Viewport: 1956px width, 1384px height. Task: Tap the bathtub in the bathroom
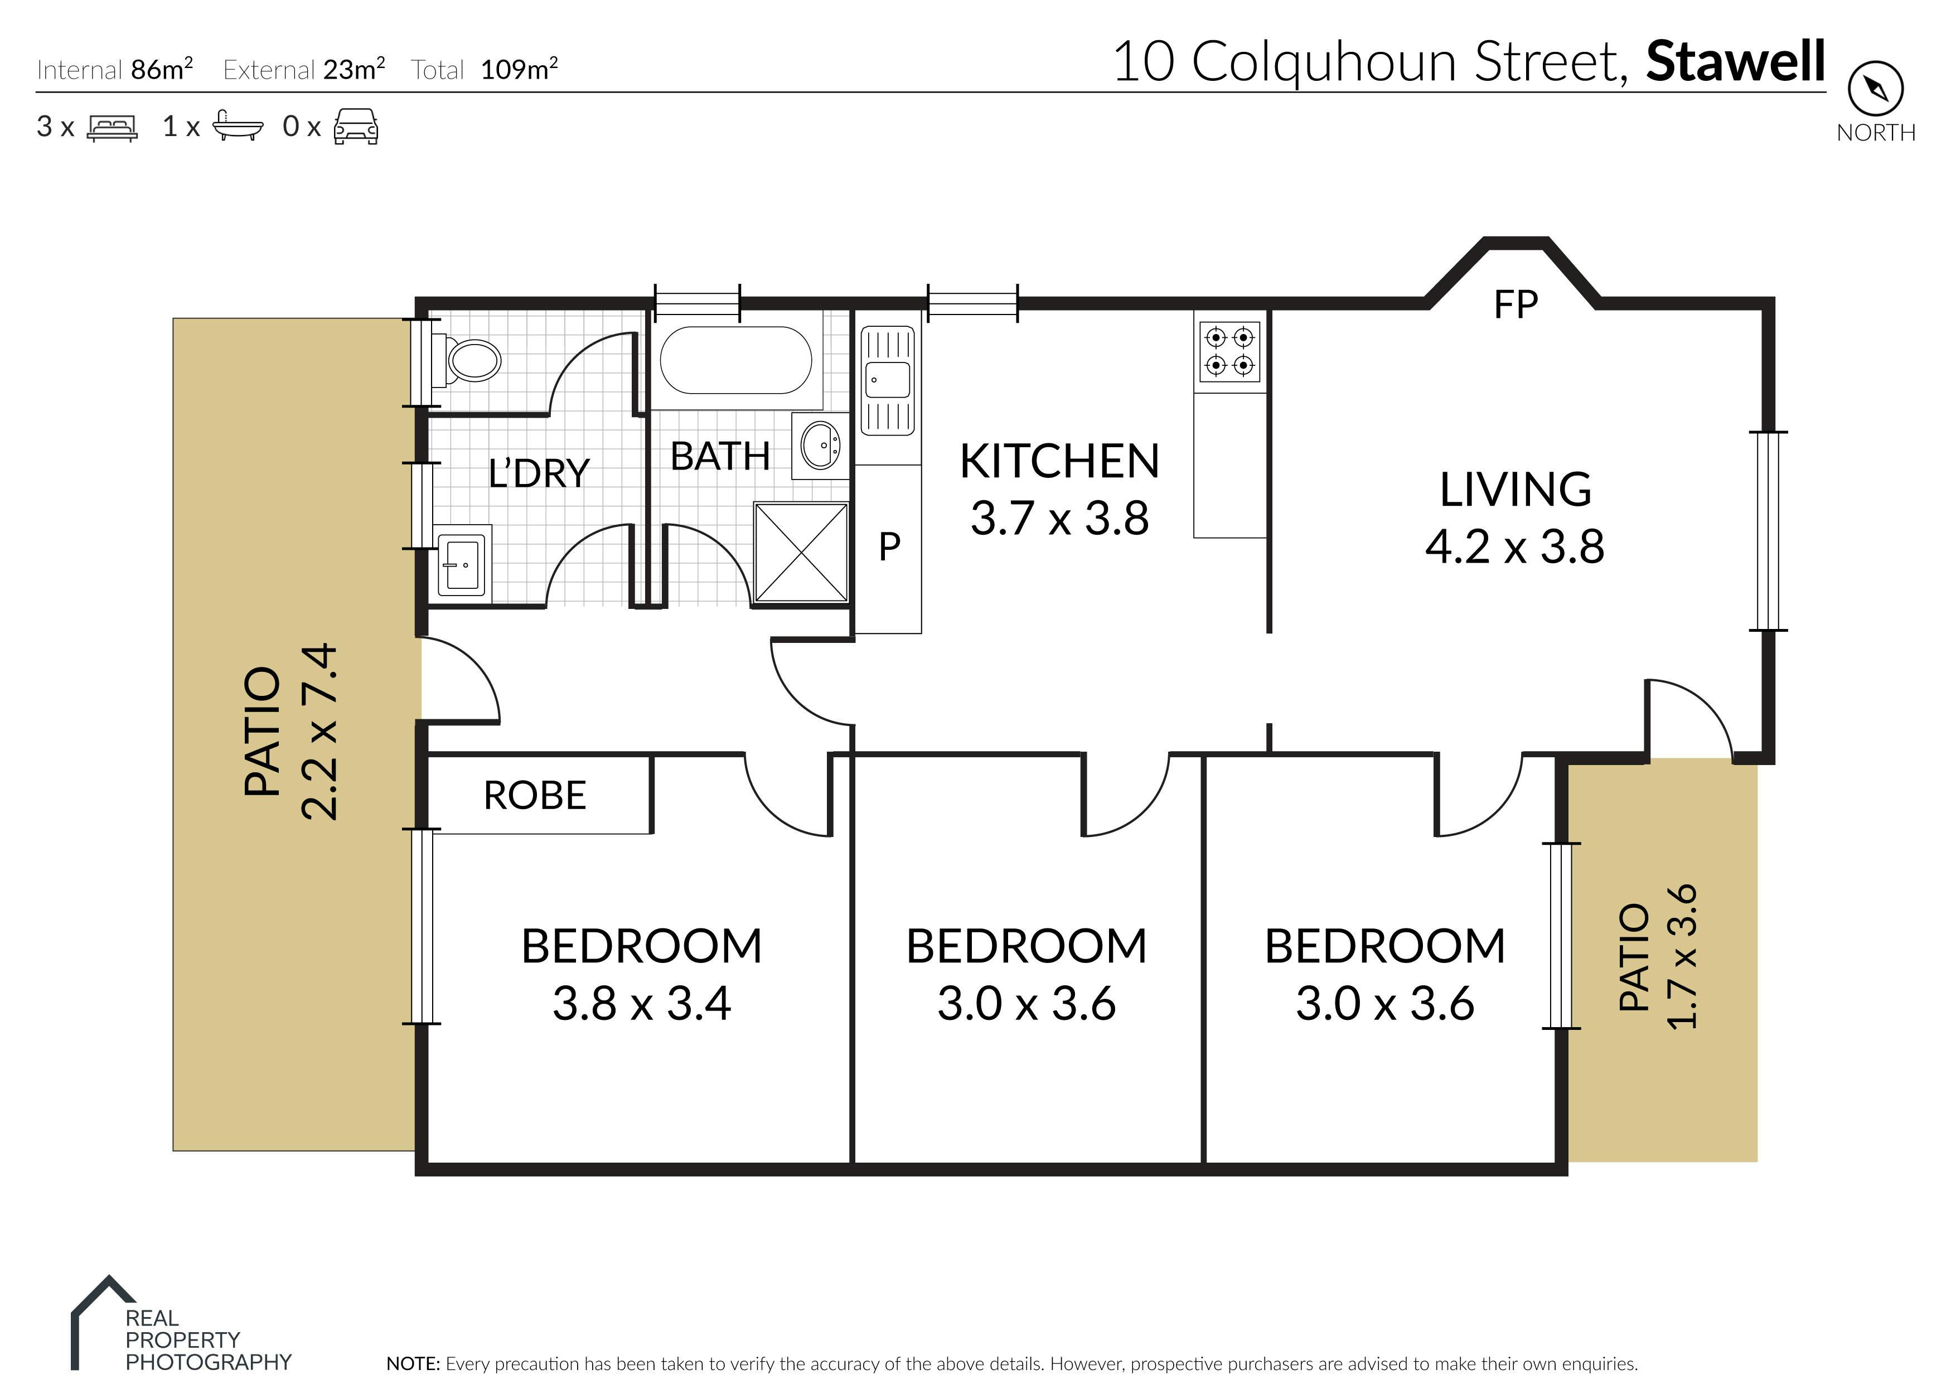(x=736, y=360)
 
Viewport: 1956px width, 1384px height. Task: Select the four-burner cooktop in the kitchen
(x=1230, y=351)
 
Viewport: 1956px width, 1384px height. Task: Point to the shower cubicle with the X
(x=801, y=552)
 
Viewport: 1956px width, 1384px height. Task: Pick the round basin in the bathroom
(x=820, y=445)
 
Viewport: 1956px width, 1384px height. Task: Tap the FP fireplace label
(x=1516, y=304)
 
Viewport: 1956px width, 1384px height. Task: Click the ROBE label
(x=535, y=795)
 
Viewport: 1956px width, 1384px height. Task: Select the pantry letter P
(x=889, y=547)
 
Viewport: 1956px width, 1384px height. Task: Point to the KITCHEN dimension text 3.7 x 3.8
(x=1060, y=518)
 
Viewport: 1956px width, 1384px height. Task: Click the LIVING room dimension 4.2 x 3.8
(x=1515, y=546)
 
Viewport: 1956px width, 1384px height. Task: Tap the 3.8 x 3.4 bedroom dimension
(x=641, y=1003)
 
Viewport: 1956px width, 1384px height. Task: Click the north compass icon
(x=1875, y=88)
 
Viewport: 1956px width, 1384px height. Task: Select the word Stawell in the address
(x=1735, y=61)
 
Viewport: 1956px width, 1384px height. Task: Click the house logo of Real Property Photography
(x=102, y=1322)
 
